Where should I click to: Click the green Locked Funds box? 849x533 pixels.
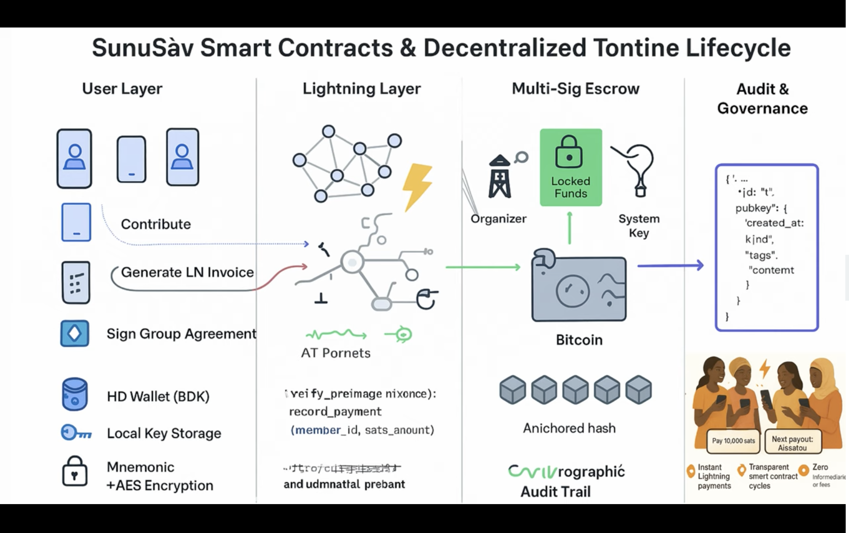point(571,167)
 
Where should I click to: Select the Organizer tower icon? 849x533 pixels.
point(500,177)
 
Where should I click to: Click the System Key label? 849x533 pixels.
point(638,226)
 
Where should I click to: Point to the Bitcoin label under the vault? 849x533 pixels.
point(579,340)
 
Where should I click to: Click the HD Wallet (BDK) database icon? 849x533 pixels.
point(74,394)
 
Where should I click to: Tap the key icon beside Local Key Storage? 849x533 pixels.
point(76,433)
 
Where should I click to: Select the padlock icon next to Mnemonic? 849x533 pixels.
point(75,471)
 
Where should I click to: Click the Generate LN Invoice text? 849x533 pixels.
point(187,272)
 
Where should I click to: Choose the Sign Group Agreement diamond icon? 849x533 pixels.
point(75,333)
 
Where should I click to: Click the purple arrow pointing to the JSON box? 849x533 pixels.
point(670,266)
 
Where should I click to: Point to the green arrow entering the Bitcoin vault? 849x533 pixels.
point(483,267)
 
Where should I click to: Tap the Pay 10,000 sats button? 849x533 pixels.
point(733,441)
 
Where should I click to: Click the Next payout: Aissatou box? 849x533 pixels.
point(792,443)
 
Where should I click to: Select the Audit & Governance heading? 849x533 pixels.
point(762,98)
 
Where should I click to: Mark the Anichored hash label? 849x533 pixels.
point(569,428)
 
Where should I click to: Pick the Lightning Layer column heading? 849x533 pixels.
point(362,89)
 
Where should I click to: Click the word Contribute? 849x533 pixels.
point(156,224)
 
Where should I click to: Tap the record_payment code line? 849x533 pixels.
point(335,412)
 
